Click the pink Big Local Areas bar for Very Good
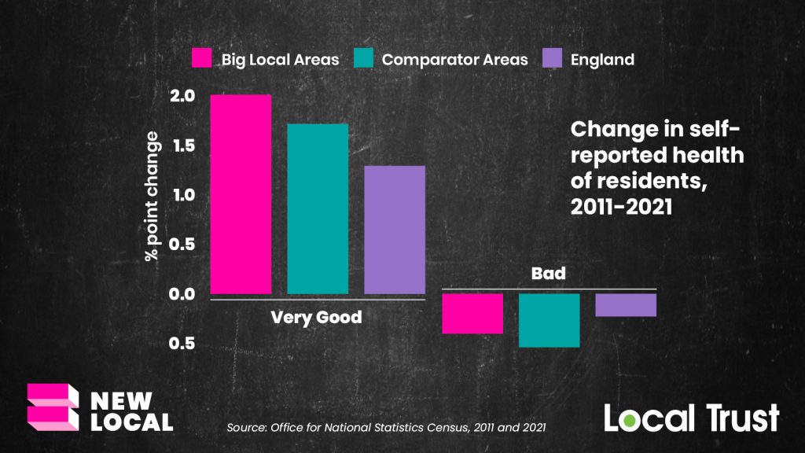point(241,194)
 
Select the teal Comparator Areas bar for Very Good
point(318,208)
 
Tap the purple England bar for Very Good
point(395,230)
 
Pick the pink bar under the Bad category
point(472,313)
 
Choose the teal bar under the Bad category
point(549,320)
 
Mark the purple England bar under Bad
point(626,305)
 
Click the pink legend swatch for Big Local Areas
point(202,59)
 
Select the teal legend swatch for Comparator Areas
point(363,59)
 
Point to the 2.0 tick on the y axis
point(182,96)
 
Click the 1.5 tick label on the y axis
point(182,145)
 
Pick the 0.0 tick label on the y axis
point(182,294)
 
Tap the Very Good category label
point(317,318)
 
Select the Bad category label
point(549,274)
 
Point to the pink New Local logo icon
point(53,406)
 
